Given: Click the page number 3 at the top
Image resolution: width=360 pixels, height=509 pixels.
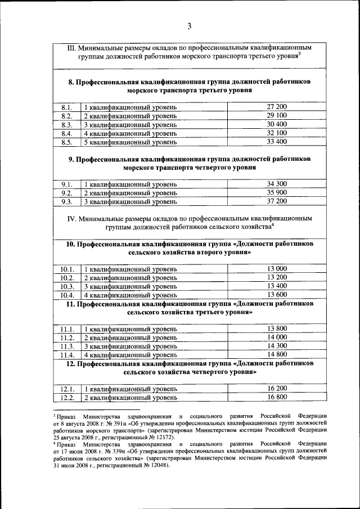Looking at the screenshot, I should point(190,26).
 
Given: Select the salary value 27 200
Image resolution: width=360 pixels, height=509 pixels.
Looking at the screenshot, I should point(277,106).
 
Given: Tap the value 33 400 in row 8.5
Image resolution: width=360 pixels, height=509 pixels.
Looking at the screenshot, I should point(277,142).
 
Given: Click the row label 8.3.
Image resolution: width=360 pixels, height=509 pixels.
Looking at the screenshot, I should point(67,124).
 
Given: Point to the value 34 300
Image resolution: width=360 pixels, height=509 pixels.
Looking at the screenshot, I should point(277,183).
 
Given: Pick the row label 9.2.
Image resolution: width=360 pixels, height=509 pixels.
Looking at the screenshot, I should point(67,192).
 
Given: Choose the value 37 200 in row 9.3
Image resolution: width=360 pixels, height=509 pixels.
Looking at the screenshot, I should point(277,201).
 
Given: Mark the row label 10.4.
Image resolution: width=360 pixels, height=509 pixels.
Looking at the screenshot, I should point(67,295).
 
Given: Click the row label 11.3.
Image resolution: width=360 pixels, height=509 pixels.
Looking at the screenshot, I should point(67,346).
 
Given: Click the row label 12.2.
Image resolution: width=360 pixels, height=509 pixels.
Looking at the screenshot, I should point(67,398).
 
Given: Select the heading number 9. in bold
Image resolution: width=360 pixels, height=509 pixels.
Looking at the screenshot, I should point(71,159).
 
